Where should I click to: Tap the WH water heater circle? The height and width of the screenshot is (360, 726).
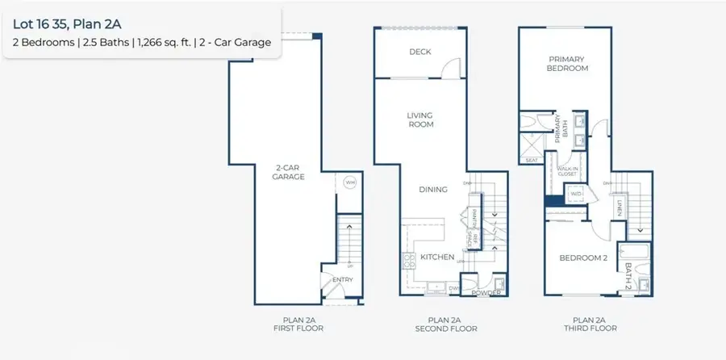tap(349, 182)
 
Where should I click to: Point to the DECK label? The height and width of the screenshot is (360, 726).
tap(419, 52)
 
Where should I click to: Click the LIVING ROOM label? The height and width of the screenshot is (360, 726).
tap(419, 119)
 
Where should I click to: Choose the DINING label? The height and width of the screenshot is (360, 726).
tap(432, 190)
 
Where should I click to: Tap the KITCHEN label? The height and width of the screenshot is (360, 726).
tap(437, 257)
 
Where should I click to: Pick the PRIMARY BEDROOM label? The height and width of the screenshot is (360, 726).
tap(568, 64)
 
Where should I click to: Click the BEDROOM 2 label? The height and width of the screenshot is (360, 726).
tap(582, 258)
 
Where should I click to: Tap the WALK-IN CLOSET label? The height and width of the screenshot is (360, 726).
tap(569, 170)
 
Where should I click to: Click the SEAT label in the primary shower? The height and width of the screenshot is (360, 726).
tap(532, 160)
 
